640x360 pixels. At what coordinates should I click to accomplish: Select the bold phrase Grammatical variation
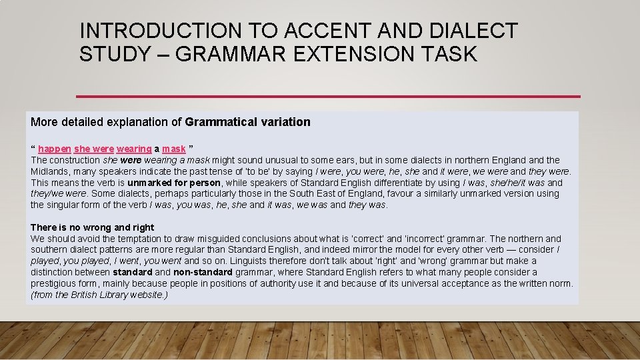coord(248,122)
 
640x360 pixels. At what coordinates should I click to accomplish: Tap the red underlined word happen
coord(54,149)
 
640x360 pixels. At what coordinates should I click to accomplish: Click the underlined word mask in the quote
coord(173,149)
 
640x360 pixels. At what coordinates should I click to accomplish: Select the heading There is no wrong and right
coord(92,227)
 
